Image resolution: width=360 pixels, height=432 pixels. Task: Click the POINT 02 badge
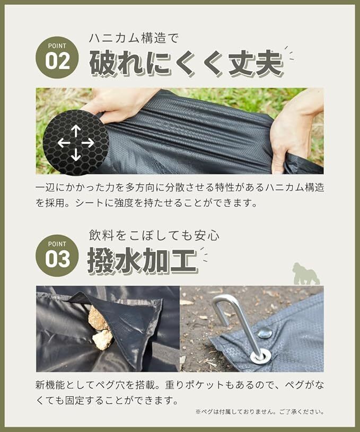point(57,57)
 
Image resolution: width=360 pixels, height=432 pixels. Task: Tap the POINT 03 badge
point(57,255)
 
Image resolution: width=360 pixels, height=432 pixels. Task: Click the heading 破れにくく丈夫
point(187,64)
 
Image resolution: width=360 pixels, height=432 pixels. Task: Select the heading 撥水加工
point(143,260)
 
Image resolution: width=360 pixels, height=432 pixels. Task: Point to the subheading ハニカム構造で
point(134,38)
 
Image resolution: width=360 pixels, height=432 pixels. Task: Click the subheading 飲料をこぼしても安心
point(154,235)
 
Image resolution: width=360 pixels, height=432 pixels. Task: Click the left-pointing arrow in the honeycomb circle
point(64,143)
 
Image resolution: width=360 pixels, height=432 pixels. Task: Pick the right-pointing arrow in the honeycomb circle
point(88,143)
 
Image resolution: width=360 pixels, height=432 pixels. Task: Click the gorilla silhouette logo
point(306,274)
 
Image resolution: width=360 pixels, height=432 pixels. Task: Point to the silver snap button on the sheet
point(265,333)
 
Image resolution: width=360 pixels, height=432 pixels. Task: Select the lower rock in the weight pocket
point(102,340)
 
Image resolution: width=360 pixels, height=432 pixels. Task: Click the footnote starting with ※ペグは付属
point(260,412)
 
